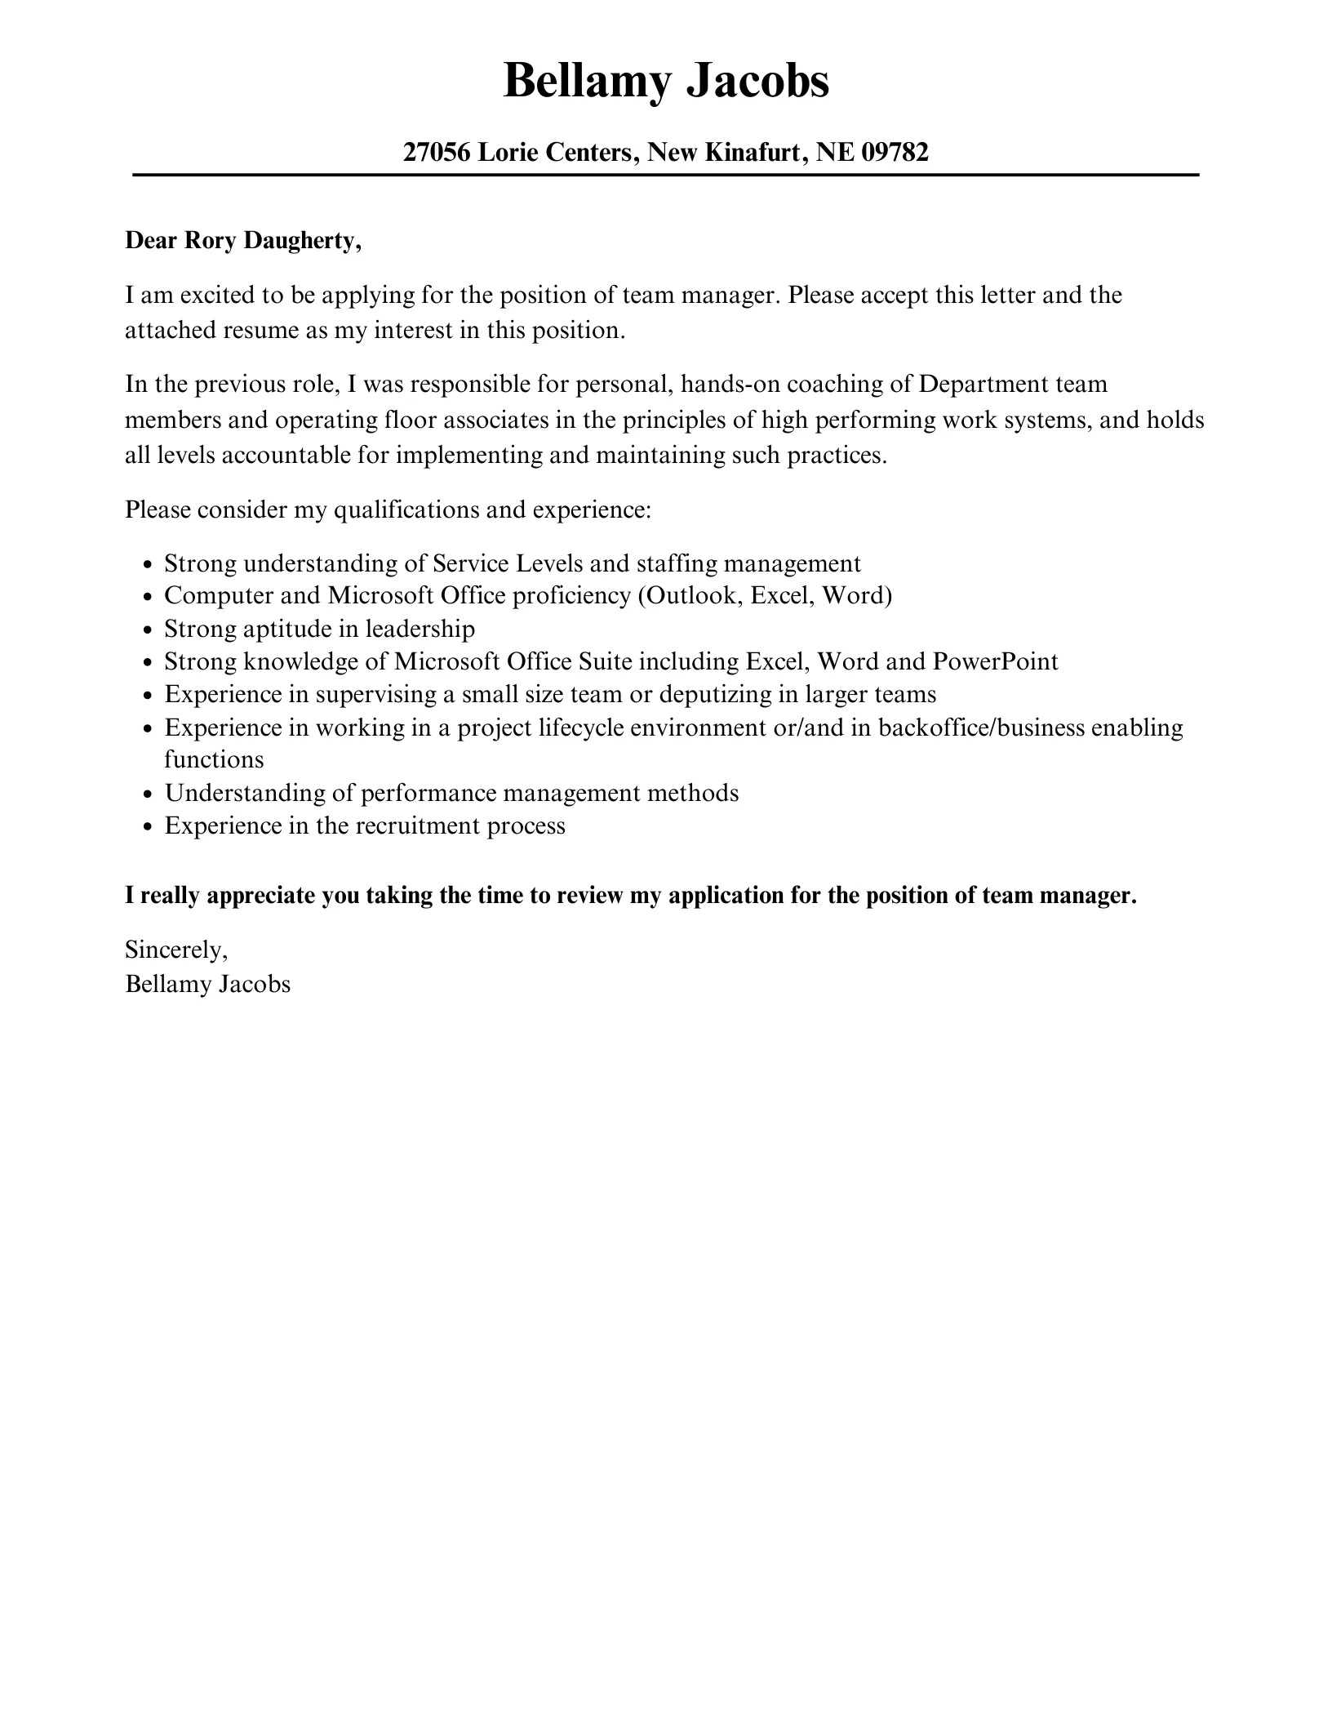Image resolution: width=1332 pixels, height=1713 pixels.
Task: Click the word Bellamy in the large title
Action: pyautogui.click(x=587, y=82)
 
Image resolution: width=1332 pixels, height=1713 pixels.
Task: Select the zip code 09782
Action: pyautogui.click(x=895, y=152)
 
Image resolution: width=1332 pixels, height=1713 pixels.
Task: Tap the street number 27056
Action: pyautogui.click(x=437, y=152)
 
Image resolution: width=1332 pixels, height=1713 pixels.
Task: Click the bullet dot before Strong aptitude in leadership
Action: pyautogui.click(x=147, y=630)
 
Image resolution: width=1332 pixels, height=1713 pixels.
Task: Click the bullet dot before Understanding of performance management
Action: pyautogui.click(x=147, y=794)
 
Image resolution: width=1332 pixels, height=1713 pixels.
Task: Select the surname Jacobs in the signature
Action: pyautogui.click(x=255, y=984)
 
